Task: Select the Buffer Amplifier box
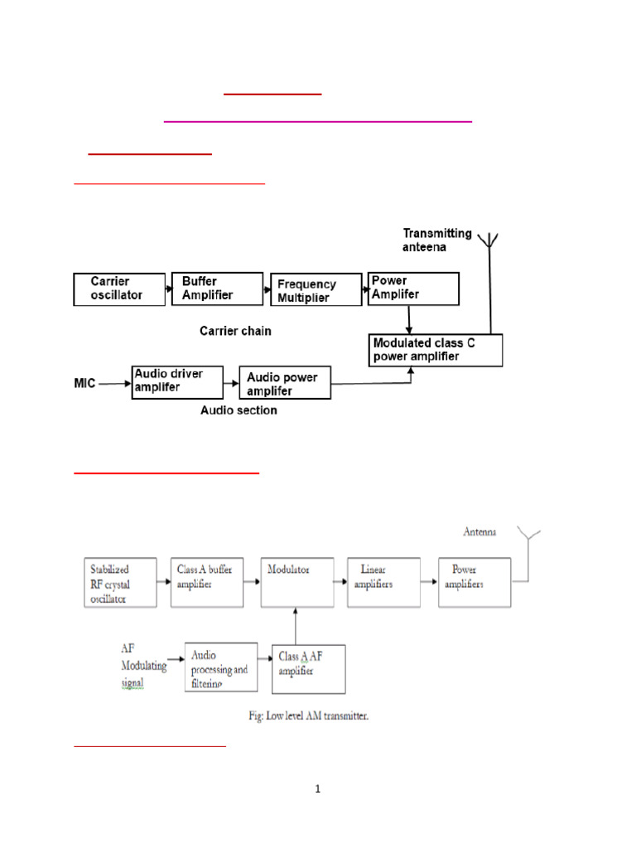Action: coord(216,289)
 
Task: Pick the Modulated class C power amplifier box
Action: coord(436,350)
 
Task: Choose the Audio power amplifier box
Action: coord(284,383)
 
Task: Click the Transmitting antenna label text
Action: coord(436,240)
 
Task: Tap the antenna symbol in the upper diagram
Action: coord(490,242)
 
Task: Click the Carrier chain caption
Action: coord(235,331)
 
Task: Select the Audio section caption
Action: coord(238,410)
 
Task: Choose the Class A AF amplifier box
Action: coord(309,668)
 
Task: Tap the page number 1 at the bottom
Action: coord(317,788)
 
